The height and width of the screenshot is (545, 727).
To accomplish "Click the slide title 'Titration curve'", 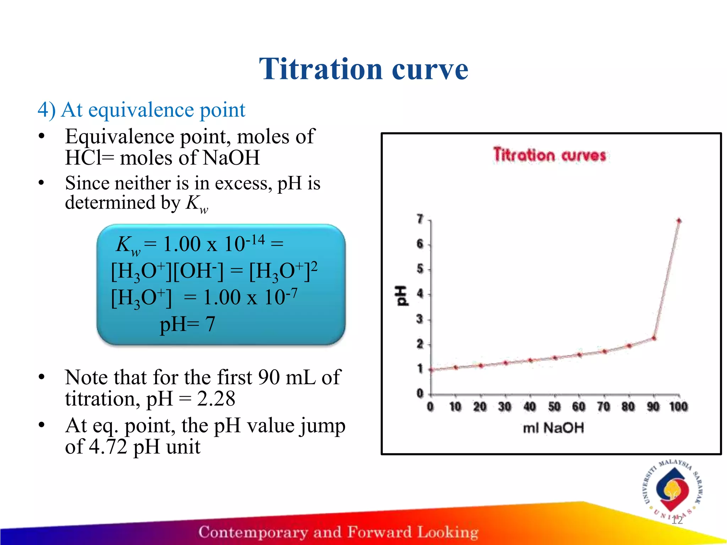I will pyautogui.click(x=363, y=69).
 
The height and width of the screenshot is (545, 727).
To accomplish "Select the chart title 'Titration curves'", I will pyautogui.click(x=550, y=155).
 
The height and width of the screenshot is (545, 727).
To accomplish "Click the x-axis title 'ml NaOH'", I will pyautogui.click(x=553, y=428).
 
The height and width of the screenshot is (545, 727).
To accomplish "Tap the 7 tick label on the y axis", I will pyautogui.click(x=420, y=219).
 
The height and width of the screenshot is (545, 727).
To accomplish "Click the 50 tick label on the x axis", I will pyautogui.click(x=554, y=407).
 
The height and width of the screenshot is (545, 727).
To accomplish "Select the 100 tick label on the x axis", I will pyautogui.click(x=678, y=407).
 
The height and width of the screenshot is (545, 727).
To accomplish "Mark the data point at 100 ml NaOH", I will pyautogui.click(x=679, y=221).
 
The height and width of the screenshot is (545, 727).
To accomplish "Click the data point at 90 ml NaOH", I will pyautogui.click(x=654, y=338).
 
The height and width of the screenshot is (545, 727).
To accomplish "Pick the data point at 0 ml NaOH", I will pyautogui.click(x=431, y=370).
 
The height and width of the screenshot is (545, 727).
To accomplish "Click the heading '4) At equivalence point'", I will pyautogui.click(x=141, y=110).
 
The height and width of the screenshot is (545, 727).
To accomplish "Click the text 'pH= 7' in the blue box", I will pyautogui.click(x=187, y=324).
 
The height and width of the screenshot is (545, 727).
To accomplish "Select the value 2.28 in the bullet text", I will pyautogui.click(x=216, y=398).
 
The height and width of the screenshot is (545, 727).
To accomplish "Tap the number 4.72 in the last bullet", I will pyautogui.click(x=108, y=446).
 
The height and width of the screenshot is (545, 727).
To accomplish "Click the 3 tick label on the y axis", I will pyautogui.click(x=420, y=319).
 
